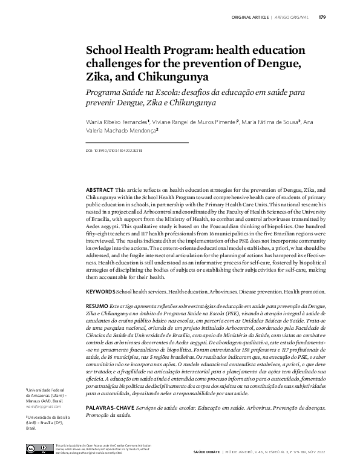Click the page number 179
pyautogui.click(x=322, y=16)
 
